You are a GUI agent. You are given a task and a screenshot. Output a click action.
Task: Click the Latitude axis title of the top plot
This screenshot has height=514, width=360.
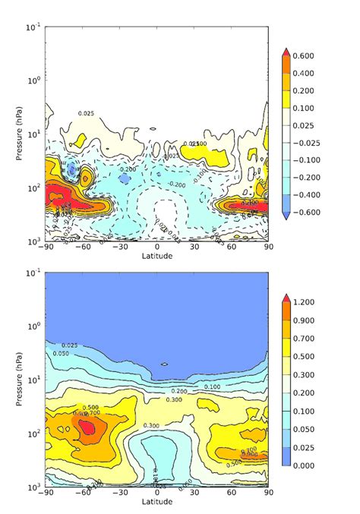(156, 256)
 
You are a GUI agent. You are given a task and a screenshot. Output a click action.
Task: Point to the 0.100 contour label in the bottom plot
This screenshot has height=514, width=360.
(213, 387)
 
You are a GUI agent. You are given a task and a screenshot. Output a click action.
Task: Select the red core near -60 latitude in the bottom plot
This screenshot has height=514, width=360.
(88, 427)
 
